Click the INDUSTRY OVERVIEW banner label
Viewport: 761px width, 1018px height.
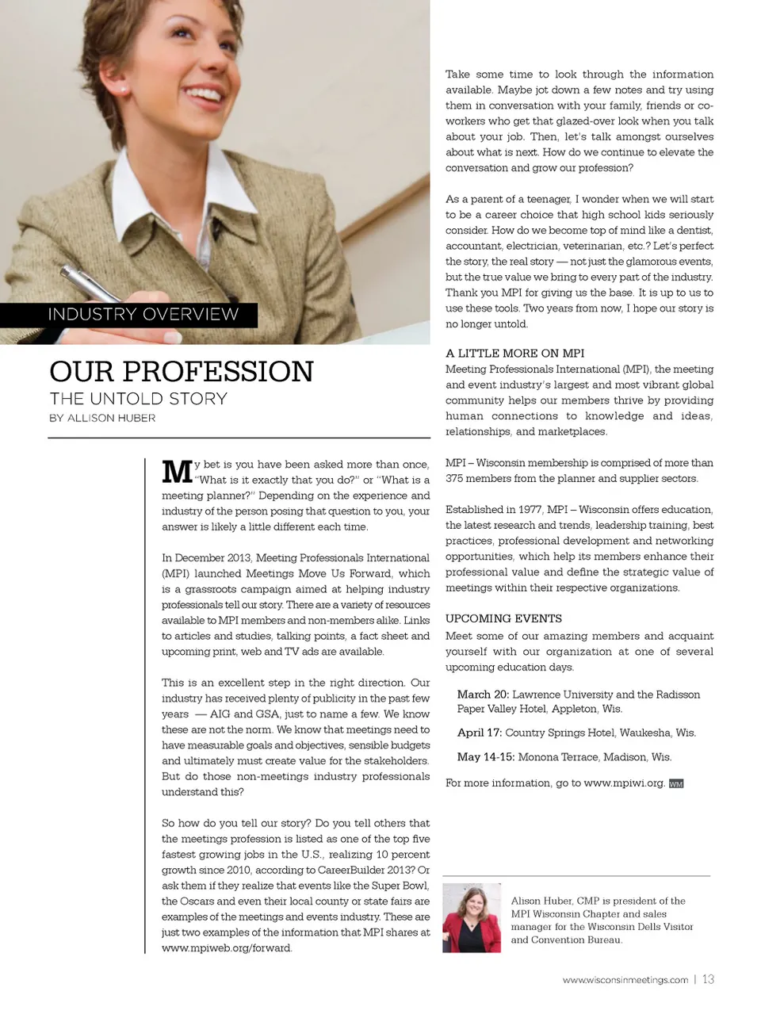(x=143, y=314)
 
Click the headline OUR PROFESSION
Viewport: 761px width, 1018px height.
(x=182, y=371)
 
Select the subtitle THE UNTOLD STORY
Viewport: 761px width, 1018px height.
(x=138, y=398)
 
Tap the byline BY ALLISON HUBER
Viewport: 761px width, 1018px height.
(x=102, y=418)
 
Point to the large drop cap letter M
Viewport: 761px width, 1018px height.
(x=176, y=471)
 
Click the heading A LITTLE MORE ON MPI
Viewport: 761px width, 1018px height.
(x=514, y=353)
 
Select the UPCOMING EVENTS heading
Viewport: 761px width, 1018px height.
(x=503, y=618)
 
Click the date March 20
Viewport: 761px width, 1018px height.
(x=483, y=695)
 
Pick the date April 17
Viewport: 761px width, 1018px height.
(x=479, y=733)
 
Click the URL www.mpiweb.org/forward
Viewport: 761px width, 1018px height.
(x=227, y=947)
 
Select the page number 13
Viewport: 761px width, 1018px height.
(x=708, y=979)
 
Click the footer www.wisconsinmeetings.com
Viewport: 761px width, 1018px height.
(x=625, y=980)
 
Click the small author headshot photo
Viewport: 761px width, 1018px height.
(x=472, y=917)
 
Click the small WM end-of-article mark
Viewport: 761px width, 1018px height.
(x=675, y=783)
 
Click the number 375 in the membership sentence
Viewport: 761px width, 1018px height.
(x=454, y=478)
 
